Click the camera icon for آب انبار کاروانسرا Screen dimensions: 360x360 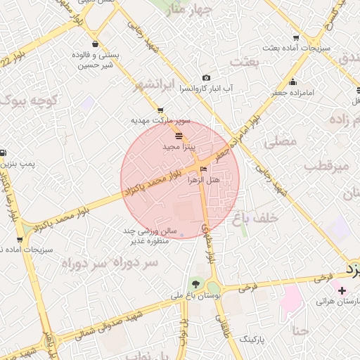point(206,78)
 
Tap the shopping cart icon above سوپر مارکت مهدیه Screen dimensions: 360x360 point(161,110)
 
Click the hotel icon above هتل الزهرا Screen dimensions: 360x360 point(204,169)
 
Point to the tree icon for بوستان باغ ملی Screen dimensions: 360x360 point(195,283)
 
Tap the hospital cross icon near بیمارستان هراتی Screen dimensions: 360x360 point(342,290)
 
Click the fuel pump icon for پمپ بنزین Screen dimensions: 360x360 point(4,153)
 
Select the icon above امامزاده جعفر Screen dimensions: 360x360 point(292,82)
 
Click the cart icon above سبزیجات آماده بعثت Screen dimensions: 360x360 point(296,39)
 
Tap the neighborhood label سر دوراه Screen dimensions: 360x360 point(93,263)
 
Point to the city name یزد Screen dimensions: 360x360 point(352,269)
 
